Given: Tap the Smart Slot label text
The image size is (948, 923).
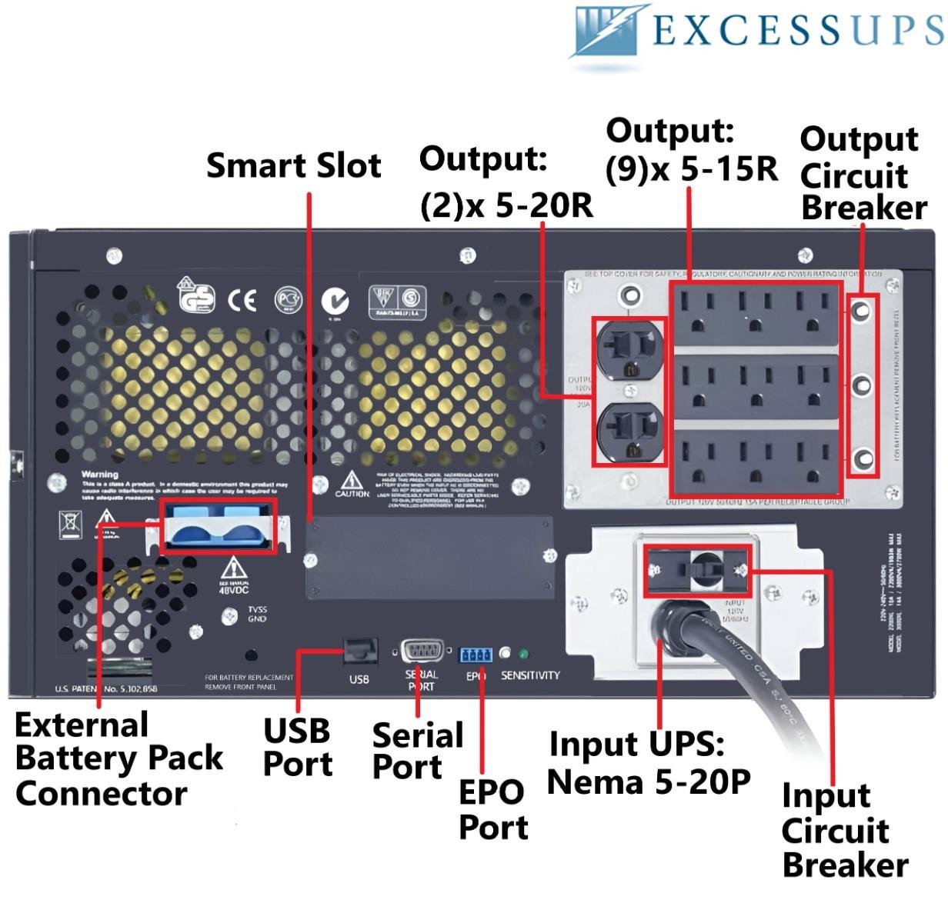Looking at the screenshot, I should [293, 165].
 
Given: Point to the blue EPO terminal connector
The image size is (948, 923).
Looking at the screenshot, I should [476, 655].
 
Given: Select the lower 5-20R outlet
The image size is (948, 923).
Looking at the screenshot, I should [629, 431].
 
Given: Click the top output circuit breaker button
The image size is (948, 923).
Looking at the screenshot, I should [863, 311].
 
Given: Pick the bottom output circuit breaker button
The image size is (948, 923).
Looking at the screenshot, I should [863, 459].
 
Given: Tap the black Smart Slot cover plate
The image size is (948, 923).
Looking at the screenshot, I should [429, 556].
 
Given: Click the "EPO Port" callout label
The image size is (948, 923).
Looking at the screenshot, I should [492, 809].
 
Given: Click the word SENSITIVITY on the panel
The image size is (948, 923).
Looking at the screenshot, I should [530, 675].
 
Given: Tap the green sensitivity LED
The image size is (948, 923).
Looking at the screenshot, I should [524, 655].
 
